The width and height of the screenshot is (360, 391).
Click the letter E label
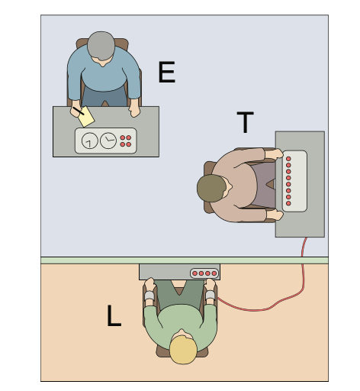(x=167, y=72)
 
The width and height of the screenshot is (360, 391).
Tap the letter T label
(x=245, y=122)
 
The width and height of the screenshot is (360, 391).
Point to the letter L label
(x=114, y=315)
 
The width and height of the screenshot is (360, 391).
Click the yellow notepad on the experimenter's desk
(x=86, y=117)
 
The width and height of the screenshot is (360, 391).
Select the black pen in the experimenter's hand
(x=79, y=111)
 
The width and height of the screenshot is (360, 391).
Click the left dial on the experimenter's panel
(x=90, y=141)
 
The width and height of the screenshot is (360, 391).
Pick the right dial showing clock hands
(x=108, y=141)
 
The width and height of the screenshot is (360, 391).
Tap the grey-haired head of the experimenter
(x=101, y=46)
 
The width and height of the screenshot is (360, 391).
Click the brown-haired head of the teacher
(x=211, y=188)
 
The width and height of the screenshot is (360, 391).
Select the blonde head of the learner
(x=183, y=350)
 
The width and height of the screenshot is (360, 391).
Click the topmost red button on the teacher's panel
(x=288, y=159)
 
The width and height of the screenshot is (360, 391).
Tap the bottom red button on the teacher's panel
(x=288, y=203)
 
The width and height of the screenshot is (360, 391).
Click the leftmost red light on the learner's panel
(x=195, y=273)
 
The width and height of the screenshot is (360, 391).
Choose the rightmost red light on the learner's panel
(x=214, y=273)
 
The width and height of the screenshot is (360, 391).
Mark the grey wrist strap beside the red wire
(x=211, y=295)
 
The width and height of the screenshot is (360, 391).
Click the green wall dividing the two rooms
(x=185, y=260)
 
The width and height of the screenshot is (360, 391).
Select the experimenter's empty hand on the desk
(x=134, y=111)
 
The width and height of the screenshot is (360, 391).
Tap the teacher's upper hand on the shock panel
(x=274, y=154)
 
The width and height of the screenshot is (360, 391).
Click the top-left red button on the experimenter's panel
(x=123, y=137)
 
